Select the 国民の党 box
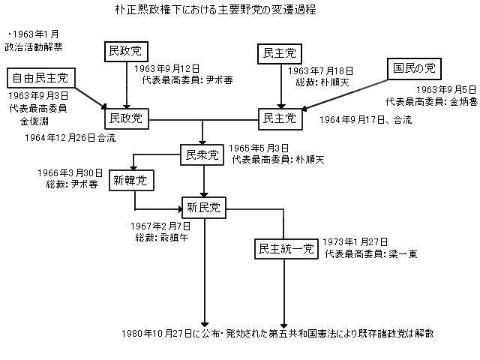pos(415,69)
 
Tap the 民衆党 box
pos(203,156)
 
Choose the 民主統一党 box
pos(286,248)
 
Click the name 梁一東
pos(403,254)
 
